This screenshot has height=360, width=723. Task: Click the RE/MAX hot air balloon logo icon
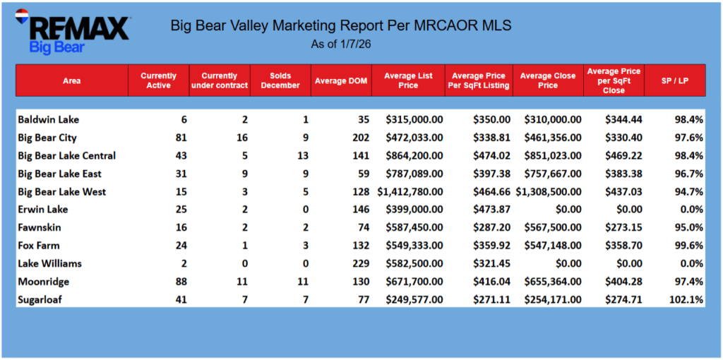pyautogui.click(x=21, y=16)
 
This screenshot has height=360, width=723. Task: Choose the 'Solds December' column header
pyautogui.click(x=280, y=80)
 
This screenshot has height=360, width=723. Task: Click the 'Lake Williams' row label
pyautogui.click(x=49, y=263)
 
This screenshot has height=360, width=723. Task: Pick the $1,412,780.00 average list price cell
pyautogui.click(x=410, y=191)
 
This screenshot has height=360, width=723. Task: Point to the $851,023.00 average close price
pyautogui.click(x=551, y=155)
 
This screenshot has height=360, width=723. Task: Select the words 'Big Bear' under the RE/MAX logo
pyautogui.click(x=56, y=48)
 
